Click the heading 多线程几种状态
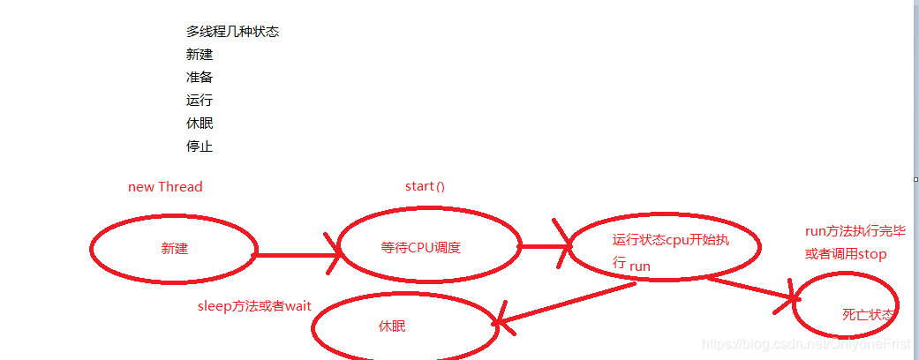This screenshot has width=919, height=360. [x=232, y=31]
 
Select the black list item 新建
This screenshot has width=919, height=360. [x=200, y=54]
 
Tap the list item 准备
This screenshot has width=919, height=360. [x=200, y=77]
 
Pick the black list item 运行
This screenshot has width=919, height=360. [x=200, y=100]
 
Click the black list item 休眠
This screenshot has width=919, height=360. [x=200, y=123]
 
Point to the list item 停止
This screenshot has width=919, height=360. [x=200, y=146]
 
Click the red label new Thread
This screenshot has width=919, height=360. [x=165, y=186]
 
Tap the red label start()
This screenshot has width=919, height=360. [x=425, y=186]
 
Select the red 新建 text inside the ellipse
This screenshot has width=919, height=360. [x=174, y=248]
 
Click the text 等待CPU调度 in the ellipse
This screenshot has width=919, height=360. [x=420, y=247]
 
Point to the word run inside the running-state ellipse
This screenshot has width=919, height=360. [x=640, y=265]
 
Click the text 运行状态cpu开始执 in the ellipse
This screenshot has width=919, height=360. [x=671, y=239]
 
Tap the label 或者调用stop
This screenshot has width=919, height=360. [x=845, y=253]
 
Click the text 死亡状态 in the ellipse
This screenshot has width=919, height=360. [x=868, y=314]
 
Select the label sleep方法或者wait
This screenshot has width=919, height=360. [x=254, y=305]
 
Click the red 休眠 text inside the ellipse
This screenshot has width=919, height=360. [x=392, y=326]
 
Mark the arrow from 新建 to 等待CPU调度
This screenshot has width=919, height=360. [x=296, y=255]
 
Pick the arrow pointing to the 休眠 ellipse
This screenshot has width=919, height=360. [x=565, y=304]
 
